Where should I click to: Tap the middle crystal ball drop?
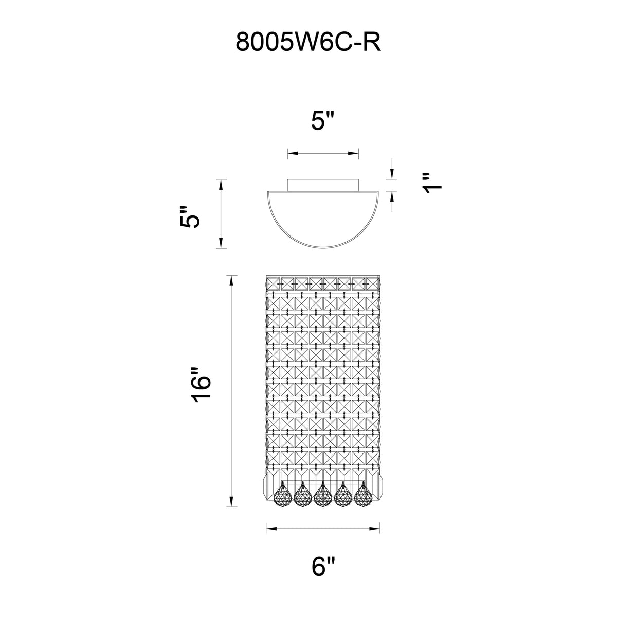(322, 497)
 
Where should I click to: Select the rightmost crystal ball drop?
(364, 497)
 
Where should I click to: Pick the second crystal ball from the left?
(302, 497)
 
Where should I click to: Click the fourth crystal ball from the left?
(343, 497)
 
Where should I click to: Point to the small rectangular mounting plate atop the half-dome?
(322, 185)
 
